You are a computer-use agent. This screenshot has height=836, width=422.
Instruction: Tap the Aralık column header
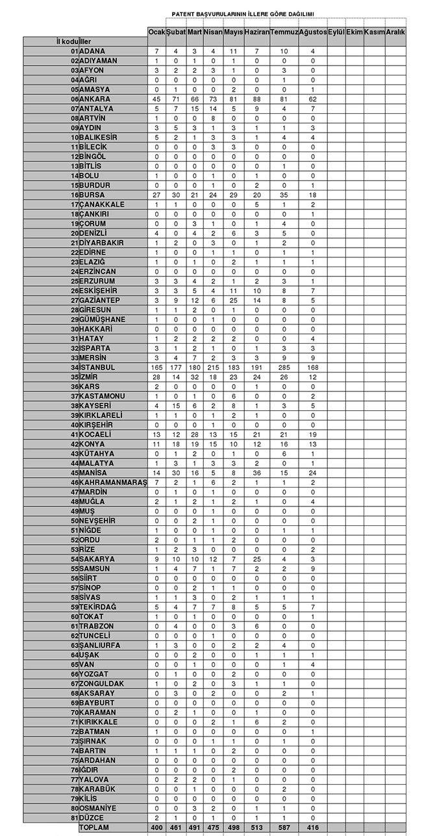click(x=395, y=32)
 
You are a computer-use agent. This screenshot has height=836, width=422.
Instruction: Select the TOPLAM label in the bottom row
click(x=94, y=828)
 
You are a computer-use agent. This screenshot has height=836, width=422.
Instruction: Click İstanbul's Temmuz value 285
click(x=284, y=367)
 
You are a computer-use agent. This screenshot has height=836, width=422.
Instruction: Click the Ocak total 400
click(x=156, y=828)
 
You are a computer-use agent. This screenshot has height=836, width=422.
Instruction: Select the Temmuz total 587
click(x=284, y=828)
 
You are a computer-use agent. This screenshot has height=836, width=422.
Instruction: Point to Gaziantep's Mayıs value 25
click(x=234, y=300)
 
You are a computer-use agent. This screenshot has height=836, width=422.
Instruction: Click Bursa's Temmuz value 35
click(x=284, y=195)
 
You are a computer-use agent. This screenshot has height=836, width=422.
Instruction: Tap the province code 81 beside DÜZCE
click(x=75, y=817)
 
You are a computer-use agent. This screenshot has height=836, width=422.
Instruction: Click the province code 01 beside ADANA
click(x=75, y=51)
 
